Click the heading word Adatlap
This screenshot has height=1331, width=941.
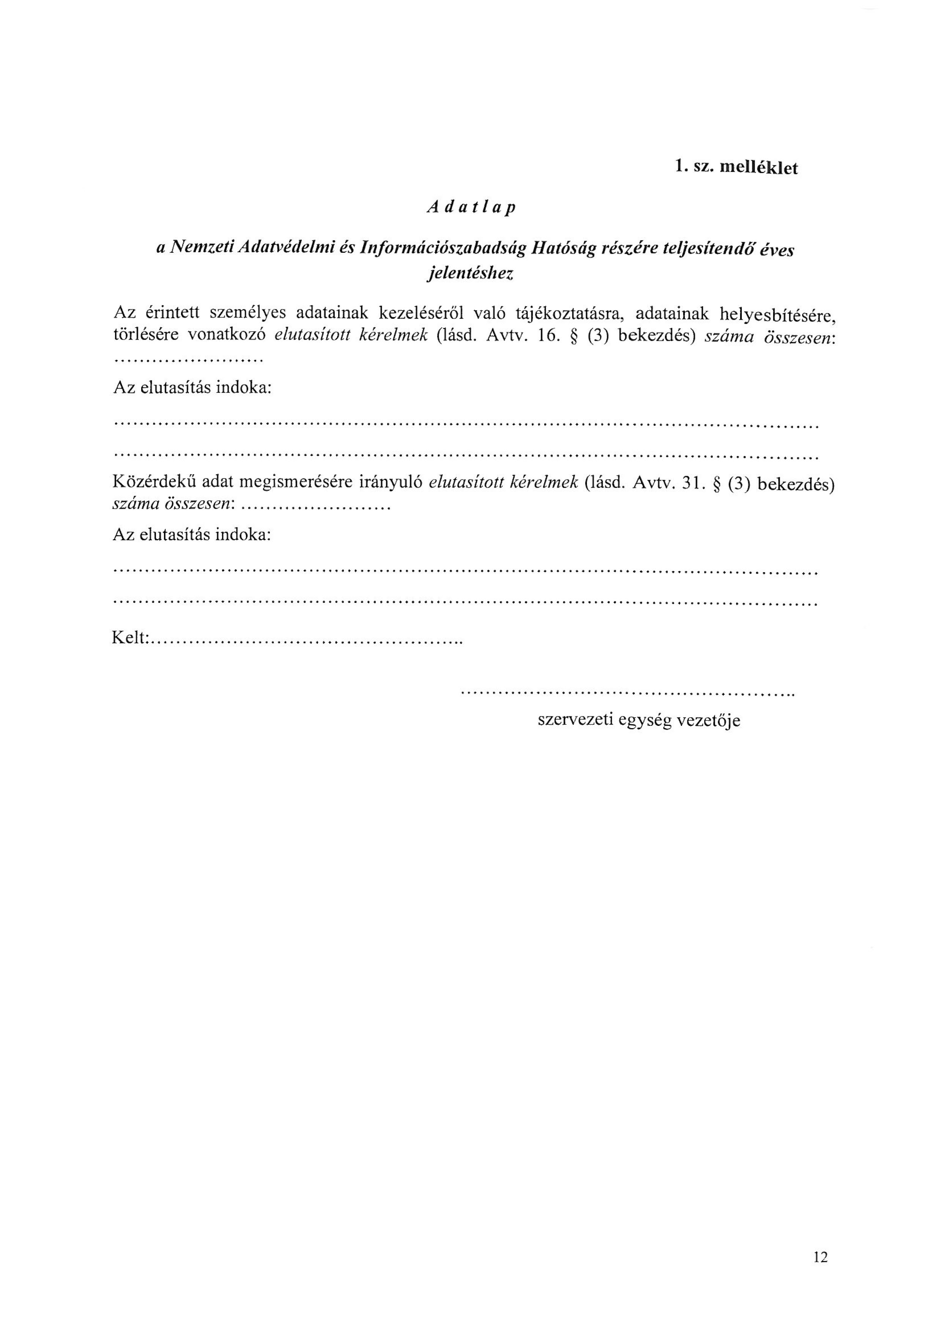[470, 208]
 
